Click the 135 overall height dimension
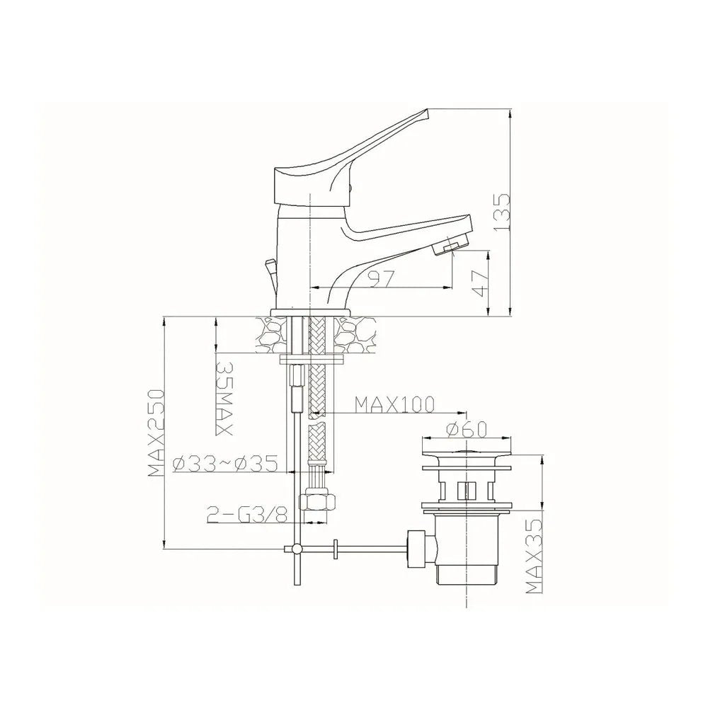coord(502,212)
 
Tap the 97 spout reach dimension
coord(382,278)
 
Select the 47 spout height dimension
coord(480,284)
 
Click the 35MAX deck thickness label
coord(224,398)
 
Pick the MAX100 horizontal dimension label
coord(394,404)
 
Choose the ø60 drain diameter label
coord(467,429)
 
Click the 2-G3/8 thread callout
coord(247,514)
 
